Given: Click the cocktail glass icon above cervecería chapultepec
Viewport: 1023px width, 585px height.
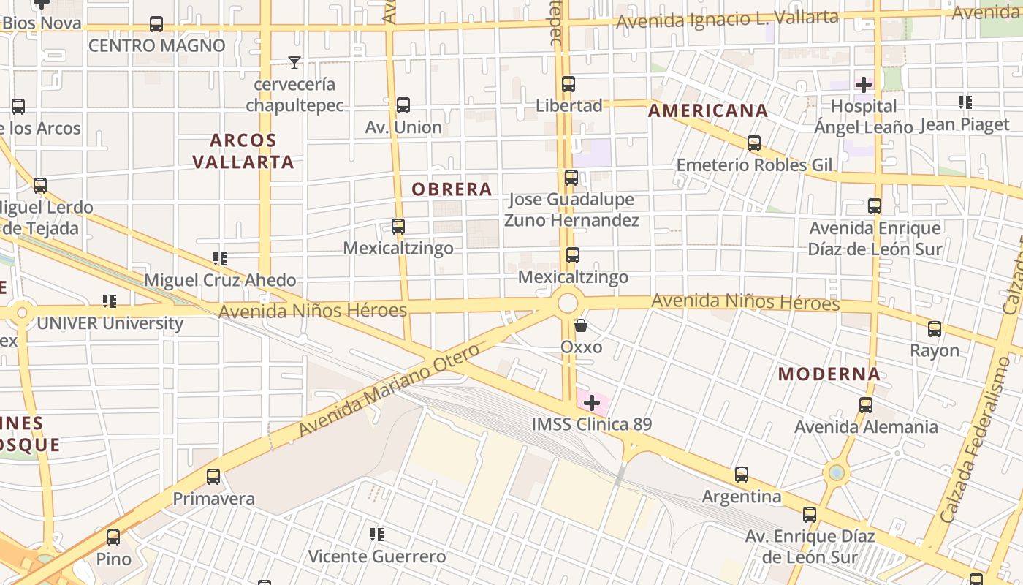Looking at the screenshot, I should click(x=294, y=63).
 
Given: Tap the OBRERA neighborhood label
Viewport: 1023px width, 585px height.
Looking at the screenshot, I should click(x=452, y=189).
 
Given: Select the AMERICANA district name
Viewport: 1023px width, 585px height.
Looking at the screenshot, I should click(x=708, y=111).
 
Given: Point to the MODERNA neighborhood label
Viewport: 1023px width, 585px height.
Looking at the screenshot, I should click(x=829, y=374).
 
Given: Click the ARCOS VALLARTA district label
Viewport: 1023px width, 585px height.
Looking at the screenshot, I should click(x=244, y=151).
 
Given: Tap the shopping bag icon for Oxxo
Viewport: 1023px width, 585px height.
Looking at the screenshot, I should click(x=581, y=325).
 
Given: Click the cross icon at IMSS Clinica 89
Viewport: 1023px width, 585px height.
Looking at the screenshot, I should click(x=592, y=402).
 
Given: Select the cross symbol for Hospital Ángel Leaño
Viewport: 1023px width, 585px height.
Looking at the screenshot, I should click(x=864, y=85).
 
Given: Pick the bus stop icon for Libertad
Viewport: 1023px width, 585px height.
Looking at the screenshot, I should click(x=568, y=84).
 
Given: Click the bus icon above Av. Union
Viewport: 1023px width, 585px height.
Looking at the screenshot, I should click(x=403, y=105).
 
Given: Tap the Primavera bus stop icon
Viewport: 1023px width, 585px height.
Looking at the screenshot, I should click(x=213, y=477).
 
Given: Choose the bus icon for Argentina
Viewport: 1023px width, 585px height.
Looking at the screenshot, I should click(x=742, y=475).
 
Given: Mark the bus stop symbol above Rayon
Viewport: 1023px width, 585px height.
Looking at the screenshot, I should click(x=935, y=329).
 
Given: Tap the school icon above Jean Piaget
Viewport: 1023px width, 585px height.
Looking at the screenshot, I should click(x=965, y=102).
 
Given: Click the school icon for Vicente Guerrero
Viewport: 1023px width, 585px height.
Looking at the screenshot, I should click(x=377, y=535).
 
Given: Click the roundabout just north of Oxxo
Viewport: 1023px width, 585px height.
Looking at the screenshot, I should click(x=568, y=303).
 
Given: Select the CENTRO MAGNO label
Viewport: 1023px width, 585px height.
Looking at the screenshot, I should click(x=156, y=45).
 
